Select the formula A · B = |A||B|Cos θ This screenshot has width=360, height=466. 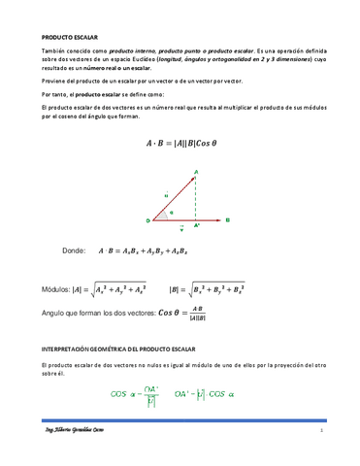click(180, 144)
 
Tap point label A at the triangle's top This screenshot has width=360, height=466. click(197, 172)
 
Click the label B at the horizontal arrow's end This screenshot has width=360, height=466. click(227, 220)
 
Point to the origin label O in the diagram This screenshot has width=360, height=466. click(148, 220)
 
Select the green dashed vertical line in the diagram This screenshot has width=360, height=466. click(195, 199)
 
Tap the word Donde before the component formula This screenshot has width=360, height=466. click(75, 250)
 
